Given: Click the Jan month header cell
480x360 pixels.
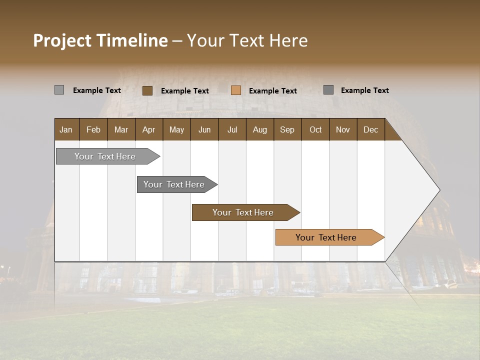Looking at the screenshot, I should coord(66,129).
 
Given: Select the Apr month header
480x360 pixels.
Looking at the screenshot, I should coord(149,129).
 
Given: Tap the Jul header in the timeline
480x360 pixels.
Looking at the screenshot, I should coord(232,129).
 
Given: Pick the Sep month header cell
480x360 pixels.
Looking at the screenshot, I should coord(287,129).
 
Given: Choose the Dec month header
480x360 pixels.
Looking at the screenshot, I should coord(370,129).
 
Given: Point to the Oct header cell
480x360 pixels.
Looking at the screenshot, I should coord(315,129).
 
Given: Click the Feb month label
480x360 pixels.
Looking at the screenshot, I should coord(93,129).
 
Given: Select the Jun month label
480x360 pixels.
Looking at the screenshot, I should coord(204,129).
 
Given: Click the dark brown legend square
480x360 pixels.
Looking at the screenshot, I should coord(147,90).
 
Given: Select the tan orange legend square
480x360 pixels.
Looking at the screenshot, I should coord(236,90).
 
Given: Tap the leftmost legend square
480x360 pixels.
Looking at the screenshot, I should coord(59,90).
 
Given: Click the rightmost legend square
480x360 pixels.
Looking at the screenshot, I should coord(328,90).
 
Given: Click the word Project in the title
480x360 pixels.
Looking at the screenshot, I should coord(62,40).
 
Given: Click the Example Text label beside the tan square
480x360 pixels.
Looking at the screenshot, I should coord(272,91).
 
